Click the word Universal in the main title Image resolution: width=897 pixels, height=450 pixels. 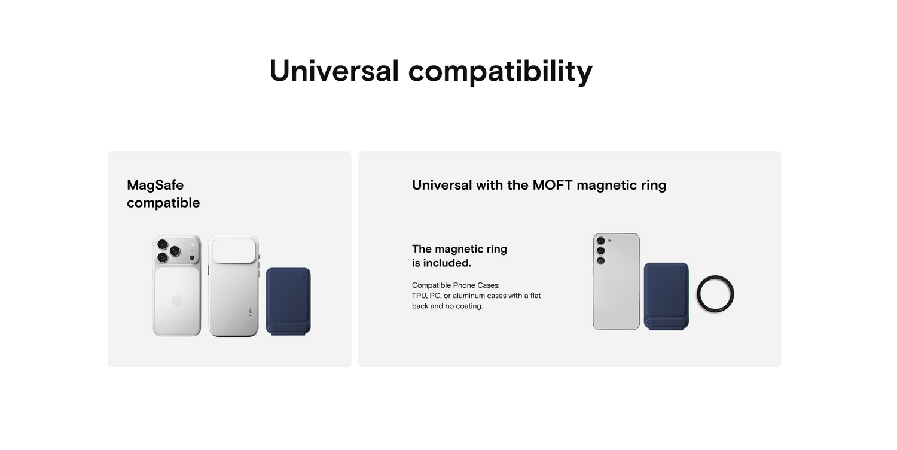(334, 71)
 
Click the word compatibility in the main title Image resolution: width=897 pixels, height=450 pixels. (500, 72)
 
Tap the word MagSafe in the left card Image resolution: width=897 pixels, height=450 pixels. (155, 185)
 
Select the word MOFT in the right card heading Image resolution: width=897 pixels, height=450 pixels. (553, 185)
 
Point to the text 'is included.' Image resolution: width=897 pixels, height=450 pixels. (441, 263)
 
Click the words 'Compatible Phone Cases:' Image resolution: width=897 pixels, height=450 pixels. (456, 285)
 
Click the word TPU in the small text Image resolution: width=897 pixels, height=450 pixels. (419, 296)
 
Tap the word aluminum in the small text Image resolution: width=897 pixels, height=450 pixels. (468, 296)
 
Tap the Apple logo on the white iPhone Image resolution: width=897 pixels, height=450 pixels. (177, 299)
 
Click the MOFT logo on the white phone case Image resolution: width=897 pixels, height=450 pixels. (251, 312)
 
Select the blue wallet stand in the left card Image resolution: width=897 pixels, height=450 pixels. (288, 302)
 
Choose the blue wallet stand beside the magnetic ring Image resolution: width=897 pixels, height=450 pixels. (666, 296)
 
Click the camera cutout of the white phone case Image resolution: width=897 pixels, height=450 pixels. (234, 251)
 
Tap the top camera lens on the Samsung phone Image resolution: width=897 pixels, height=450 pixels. (600, 241)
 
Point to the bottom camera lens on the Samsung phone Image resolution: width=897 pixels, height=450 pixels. (600, 261)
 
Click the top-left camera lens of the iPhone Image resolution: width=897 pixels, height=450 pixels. (162, 244)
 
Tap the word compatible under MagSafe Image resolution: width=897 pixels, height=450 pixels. (163, 203)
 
